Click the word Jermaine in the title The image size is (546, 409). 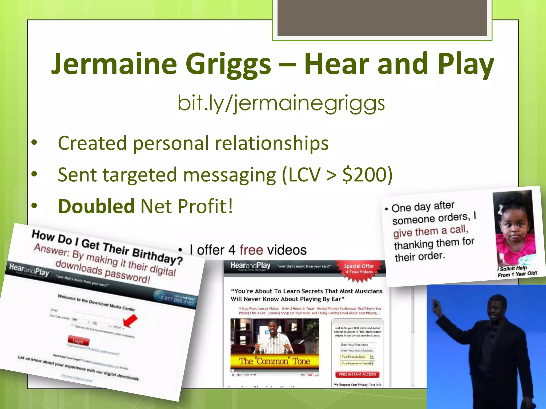pos(114,64)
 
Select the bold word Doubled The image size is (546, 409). pos(96,206)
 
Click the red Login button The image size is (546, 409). pos(78,341)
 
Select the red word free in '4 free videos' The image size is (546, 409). pos(251,250)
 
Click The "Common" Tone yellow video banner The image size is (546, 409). pos(274,361)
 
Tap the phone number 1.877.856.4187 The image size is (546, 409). pos(177,300)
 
